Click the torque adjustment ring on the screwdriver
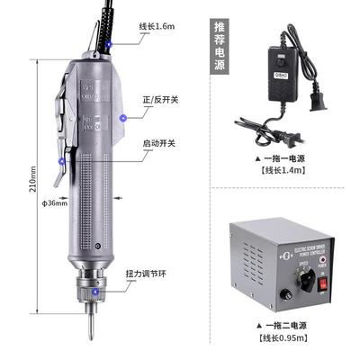tap(91, 285)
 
